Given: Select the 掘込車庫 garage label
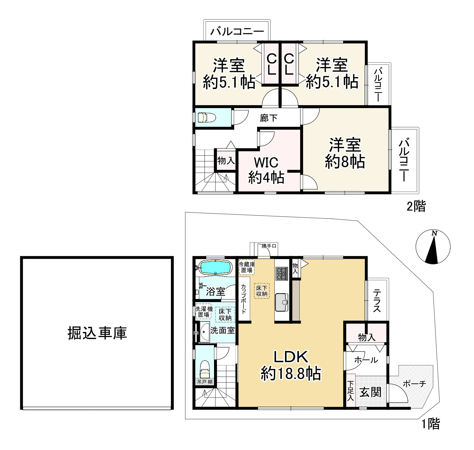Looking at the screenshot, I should coord(97,333).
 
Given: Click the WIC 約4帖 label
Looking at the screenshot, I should coord(266,170).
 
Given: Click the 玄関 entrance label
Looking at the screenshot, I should coord(371,392).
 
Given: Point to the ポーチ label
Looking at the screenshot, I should coord(414,384).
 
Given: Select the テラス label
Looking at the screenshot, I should coord(376,301).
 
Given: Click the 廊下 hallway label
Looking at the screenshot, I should coord(269,118).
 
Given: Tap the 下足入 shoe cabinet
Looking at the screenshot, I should coord(351,391).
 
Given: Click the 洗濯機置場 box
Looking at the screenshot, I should coord(204,311).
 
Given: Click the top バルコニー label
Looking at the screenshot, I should coord(237,31).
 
